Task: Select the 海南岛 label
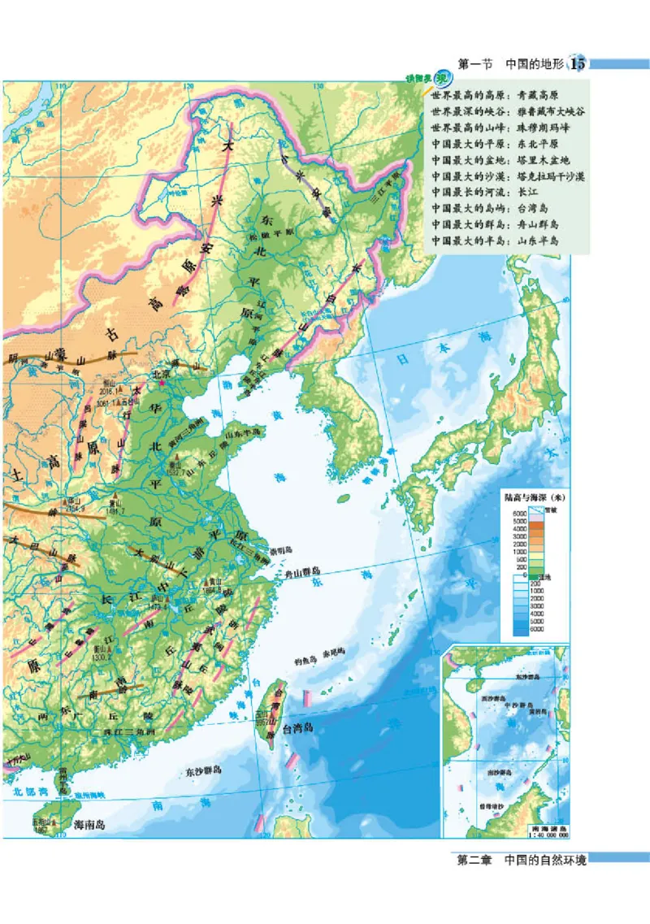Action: tap(89, 823)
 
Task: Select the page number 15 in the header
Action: tap(578, 63)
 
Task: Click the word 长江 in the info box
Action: tap(539, 193)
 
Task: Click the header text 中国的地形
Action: tap(535, 64)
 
